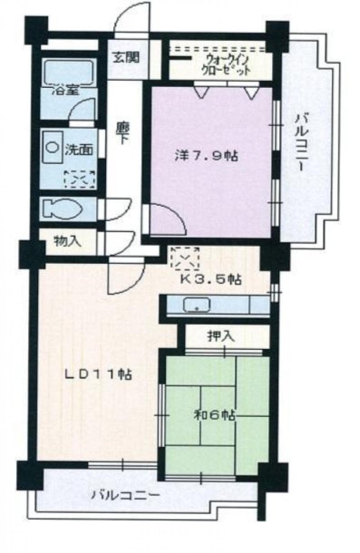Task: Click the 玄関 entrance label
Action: (x=128, y=58)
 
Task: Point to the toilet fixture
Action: (x=62, y=210)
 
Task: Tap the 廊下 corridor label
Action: (x=122, y=134)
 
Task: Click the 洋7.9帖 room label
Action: (x=204, y=156)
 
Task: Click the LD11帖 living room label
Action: (x=97, y=374)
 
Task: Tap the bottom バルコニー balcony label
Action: (x=126, y=494)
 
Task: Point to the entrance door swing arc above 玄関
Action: (x=133, y=20)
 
